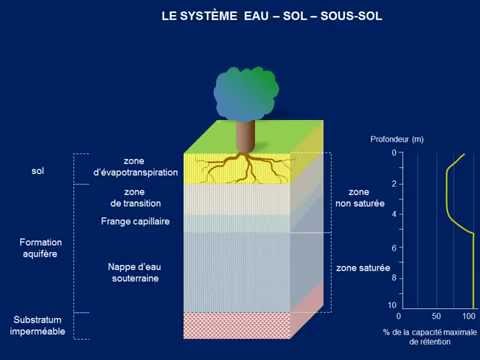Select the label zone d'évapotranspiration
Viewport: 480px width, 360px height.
click(135, 167)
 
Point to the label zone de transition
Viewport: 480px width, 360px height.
click(135, 198)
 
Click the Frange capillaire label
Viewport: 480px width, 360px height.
click(135, 220)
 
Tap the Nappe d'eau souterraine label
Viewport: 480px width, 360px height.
click(135, 272)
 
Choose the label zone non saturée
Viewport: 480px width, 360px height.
click(358, 197)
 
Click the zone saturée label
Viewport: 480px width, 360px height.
click(362, 268)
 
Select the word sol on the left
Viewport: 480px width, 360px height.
click(38, 171)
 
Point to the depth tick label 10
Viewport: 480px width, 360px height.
click(392, 304)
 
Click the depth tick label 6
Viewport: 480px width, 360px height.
click(394, 247)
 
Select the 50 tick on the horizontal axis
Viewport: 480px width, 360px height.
click(436, 316)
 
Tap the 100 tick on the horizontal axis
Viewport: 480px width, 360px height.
click(468, 316)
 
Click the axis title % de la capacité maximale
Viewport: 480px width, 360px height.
click(430, 331)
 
